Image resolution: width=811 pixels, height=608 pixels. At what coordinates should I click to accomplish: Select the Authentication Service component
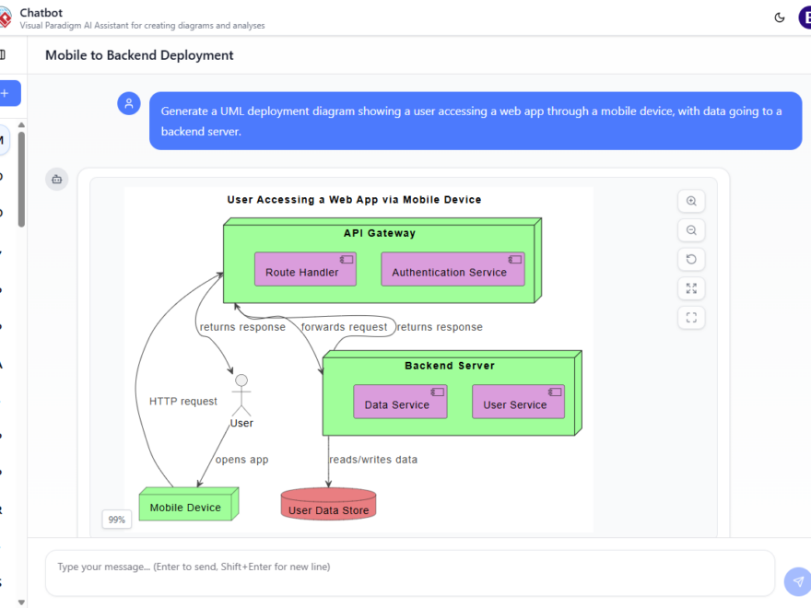point(453,270)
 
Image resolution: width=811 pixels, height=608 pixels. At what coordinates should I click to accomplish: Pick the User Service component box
point(518,403)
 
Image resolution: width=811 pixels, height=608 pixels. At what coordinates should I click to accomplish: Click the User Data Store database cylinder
point(329,506)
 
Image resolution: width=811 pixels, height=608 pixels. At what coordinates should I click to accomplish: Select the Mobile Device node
point(186,506)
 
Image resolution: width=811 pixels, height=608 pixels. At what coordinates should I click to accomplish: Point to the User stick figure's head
point(241,380)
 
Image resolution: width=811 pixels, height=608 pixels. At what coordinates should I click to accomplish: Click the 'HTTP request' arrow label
point(183,401)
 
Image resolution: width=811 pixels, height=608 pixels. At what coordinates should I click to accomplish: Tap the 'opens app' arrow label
point(241,459)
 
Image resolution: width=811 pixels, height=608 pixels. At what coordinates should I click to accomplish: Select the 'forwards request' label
point(344,327)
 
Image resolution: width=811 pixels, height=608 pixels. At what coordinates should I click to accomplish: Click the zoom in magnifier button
point(691,201)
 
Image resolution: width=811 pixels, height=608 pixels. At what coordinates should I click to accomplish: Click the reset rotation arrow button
point(691,259)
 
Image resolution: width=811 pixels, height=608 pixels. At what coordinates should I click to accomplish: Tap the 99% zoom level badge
point(117,520)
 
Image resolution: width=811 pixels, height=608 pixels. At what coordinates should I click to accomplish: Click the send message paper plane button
point(797,581)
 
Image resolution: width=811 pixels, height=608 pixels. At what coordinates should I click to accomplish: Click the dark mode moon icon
point(780,17)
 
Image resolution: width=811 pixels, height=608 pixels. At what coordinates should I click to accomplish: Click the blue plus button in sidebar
point(6,93)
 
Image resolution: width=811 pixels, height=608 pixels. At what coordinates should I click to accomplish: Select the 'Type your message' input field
point(410,567)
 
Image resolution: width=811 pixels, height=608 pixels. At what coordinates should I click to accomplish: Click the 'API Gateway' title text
point(380,233)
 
